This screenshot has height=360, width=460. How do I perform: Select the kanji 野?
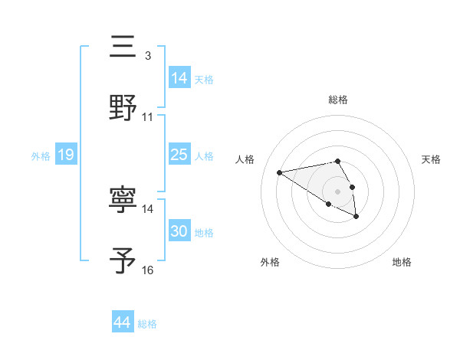pos(123,108)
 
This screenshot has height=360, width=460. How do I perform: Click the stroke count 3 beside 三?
pos(147,56)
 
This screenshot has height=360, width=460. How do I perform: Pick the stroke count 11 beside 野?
pos(147,117)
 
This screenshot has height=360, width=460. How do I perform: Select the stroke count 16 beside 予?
pos(147,270)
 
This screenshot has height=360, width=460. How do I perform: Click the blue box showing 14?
pos(179,78)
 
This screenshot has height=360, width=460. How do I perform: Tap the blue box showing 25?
pos(179,155)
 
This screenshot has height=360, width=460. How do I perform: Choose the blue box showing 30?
pos(179,231)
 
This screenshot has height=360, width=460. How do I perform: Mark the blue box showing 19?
pos(65,155)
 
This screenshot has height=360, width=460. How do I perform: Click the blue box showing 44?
pos(122,323)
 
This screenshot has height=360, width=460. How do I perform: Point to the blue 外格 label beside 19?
pos(41,155)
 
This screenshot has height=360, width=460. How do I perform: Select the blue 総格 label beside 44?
pos(147,324)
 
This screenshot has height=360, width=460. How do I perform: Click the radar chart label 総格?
pos(337,100)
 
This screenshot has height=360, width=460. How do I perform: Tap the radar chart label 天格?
pos(431,159)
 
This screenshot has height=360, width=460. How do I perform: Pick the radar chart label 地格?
pos(402,263)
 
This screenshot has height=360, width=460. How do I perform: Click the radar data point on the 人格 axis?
pos(280,172)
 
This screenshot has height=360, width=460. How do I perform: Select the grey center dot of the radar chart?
pos(337,191)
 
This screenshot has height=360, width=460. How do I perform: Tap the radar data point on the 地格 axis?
pos(356,217)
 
